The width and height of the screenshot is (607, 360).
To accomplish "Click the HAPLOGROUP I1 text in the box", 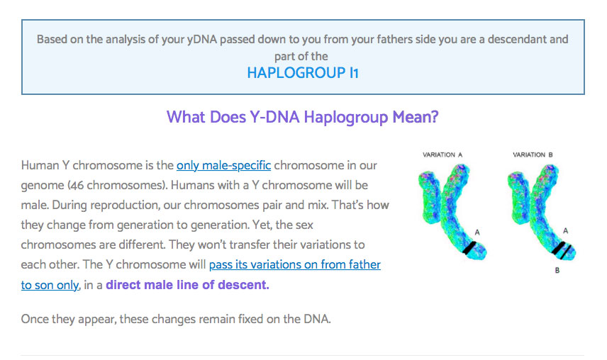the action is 303,73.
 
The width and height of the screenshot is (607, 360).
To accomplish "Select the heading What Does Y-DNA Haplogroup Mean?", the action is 302,117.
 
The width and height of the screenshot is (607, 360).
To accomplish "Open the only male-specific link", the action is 224,166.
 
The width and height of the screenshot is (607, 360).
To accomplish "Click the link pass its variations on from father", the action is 294,264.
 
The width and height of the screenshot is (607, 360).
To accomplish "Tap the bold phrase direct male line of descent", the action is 187,285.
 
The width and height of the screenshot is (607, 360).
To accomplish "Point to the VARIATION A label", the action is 442,154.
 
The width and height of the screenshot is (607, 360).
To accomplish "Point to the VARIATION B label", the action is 533,154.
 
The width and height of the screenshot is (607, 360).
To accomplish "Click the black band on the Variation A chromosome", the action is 469,248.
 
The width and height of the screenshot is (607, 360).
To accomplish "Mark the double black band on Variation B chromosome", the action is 562,250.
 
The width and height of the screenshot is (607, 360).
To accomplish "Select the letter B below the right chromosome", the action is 557,270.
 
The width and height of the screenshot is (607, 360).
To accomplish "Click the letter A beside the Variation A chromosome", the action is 477,232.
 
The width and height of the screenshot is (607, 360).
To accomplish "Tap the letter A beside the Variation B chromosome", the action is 566,231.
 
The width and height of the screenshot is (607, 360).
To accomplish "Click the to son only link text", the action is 50,286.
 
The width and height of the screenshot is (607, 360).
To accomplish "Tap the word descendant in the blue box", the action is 516,40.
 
